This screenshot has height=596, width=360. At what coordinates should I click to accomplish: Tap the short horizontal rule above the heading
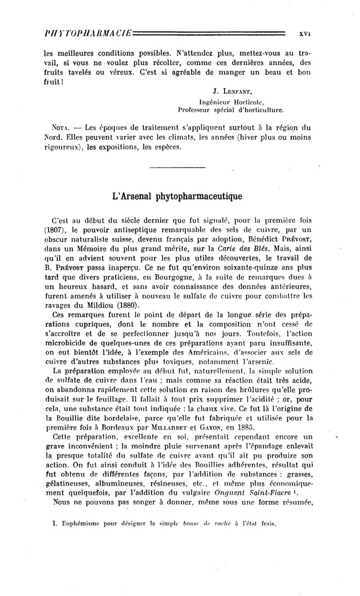click(x=177, y=167)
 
